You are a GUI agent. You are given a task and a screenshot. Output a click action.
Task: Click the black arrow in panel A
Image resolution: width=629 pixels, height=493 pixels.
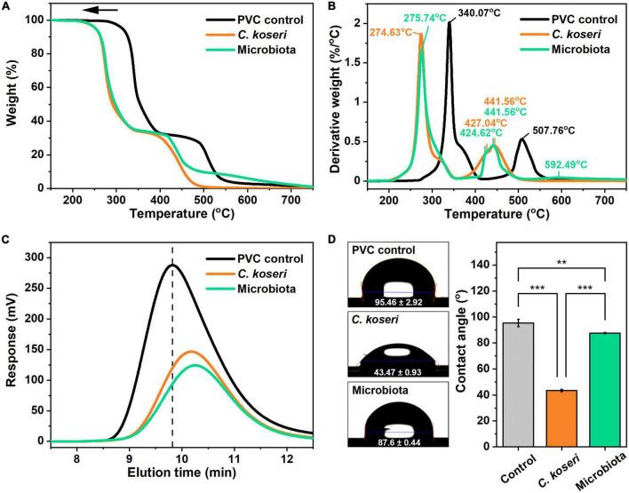click(x=104, y=12)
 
